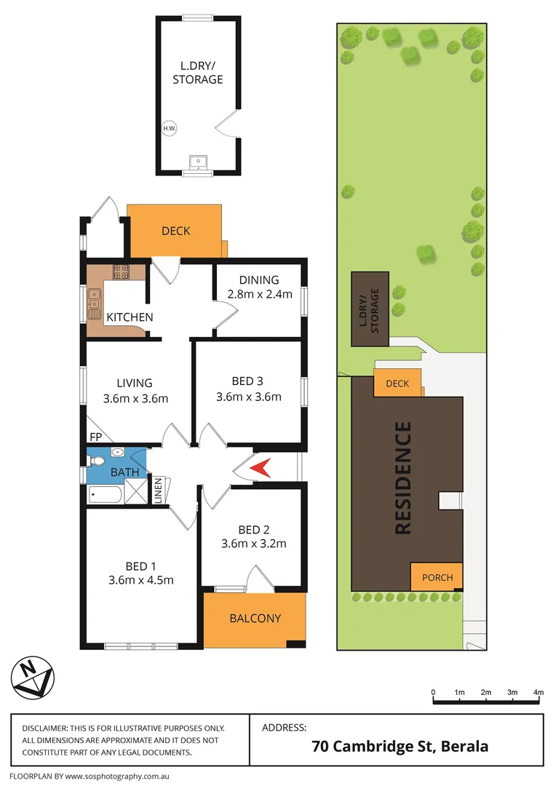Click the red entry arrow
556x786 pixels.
pyautogui.click(x=261, y=468)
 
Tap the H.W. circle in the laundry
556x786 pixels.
pyautogui.click(x=170, y=129)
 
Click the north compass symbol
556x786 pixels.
pyautogui.click(x=31, y=678)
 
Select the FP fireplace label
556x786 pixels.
pyautogui.click(x=95, y=437)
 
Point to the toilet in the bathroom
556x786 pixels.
pyautogui.click(x=117, y=453)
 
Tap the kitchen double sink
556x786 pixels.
pyautogui.click(x=95, y=299)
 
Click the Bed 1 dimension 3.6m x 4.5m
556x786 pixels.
pyautogui.click(x=140, y=579)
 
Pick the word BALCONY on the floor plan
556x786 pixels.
pyautogui.click(x=255, y=619)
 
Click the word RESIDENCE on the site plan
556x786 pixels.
pyautogui.click(x=403, y=478)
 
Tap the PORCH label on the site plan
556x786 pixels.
pyautogui.click(x=437, y=578)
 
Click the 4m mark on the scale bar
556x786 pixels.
pyautogui.click(x=539, y=692)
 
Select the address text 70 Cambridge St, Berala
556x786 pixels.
pyautogui.click(x=400, y=746)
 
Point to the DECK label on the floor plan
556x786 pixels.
pyautogui.click(x=175, y=231)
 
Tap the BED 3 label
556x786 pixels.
pyautogui.click(x=247, y=381)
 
